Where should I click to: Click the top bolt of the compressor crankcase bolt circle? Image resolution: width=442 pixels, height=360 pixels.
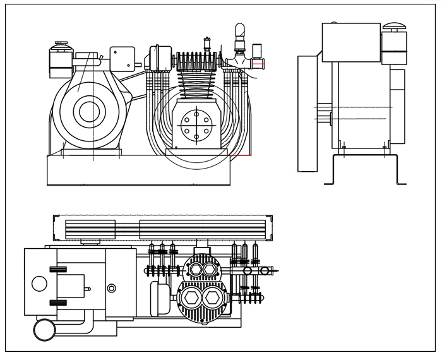point(196,113)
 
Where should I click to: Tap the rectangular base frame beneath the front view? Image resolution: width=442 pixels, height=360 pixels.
point(139,171)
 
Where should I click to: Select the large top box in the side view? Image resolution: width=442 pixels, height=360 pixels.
point(351,42)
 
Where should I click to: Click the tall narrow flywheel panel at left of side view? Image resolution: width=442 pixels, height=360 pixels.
point(307,114)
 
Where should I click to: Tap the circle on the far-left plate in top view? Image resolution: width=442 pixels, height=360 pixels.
point(39,284)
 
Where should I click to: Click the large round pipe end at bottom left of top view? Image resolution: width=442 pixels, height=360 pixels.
point(44,329)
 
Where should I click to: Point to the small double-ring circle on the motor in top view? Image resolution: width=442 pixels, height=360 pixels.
point(112,289)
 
